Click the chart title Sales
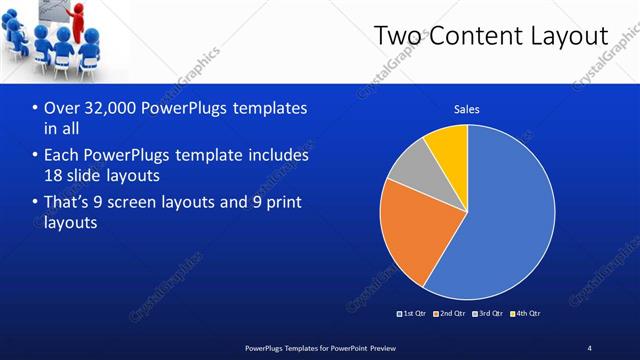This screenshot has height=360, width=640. [x=467, y=108]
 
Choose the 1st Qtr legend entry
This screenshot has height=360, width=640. [x=413, y=314]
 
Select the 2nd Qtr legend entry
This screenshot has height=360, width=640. [x=450, y=314]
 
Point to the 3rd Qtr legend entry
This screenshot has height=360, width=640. [x=488, y=314]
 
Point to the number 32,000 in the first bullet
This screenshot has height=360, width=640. [x=107, y=108]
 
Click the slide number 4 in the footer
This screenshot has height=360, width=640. [x=589, y=347]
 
